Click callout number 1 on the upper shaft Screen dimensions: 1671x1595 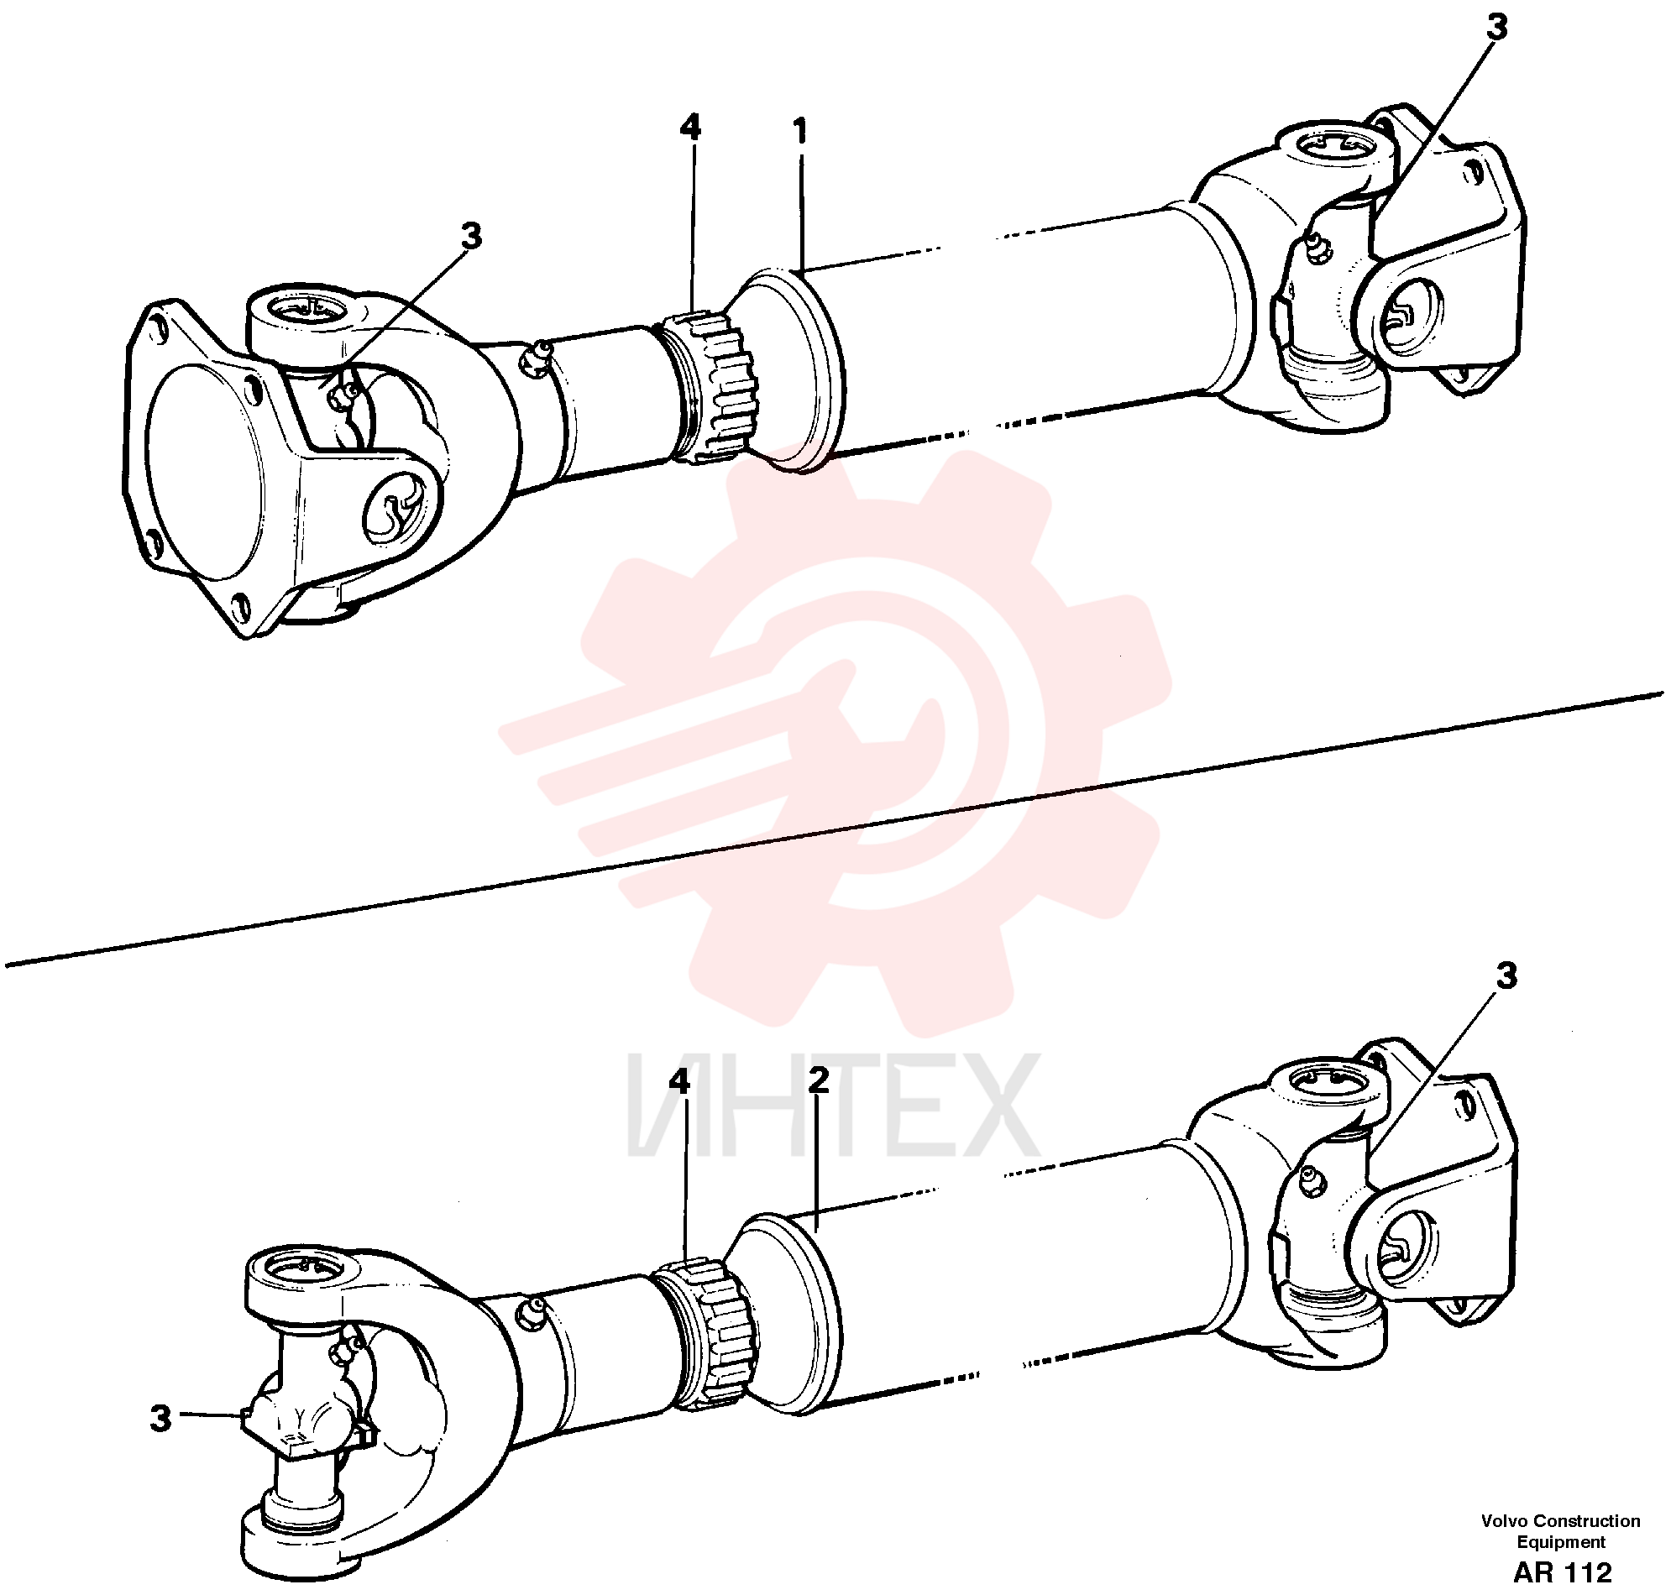[x=799, y=132]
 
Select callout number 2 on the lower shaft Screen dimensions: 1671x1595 [x=817, y=1080]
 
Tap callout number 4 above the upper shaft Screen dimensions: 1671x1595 [x=690, y=128]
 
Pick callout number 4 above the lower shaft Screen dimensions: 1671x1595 [x=679, y=1081]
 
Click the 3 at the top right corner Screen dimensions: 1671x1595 [x=1496, y=27]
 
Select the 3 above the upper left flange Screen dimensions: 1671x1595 [x=471, y=237]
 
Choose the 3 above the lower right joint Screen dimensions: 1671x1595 [x=1506, y=976]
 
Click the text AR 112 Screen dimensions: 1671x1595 [x=1562, y=1572]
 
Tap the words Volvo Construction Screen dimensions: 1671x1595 [x=1560, y=1521]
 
